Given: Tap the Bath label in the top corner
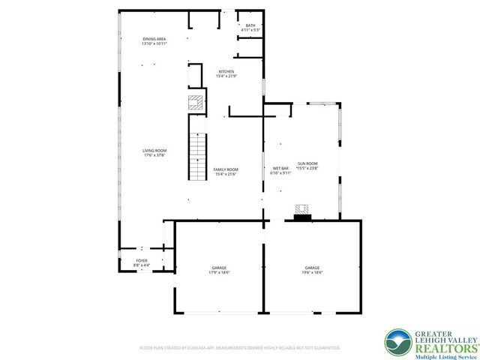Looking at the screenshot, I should click(250, 25).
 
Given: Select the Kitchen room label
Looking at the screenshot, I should click(226, 71).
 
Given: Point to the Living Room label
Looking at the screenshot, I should click(153, 151).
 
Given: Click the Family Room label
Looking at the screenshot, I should click(226, 169).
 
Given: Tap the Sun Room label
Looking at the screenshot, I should click(307, 163).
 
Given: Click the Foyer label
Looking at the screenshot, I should click(141, 260).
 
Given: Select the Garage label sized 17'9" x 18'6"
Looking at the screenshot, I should click(219, 268).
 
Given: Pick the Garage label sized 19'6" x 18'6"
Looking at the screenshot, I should click(312, 268).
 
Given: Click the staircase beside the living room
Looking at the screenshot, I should click(196, 157).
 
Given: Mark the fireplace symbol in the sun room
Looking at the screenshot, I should click(302, 211).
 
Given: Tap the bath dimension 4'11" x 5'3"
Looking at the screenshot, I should click(250, 30).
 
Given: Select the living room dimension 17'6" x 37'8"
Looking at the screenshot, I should click(153, 156).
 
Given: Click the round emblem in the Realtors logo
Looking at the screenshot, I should click(397, 342).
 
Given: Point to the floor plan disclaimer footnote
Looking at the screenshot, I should click(240, 348).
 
